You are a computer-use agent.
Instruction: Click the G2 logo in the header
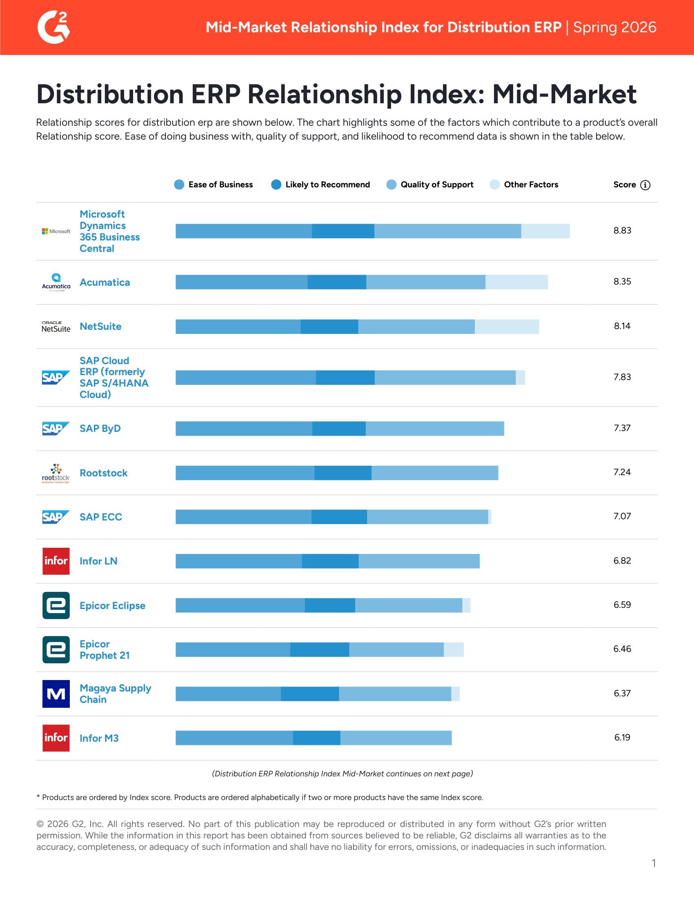tap(53, 27)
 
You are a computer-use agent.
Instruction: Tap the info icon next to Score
tap(645, 185)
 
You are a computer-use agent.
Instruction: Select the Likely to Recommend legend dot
tap(276, 184)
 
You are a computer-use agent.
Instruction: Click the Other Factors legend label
tap(531, 184)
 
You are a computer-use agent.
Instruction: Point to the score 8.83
tap(622, 231)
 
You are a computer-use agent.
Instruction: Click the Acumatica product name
tap(105, 282)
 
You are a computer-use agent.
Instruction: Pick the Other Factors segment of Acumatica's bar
tap(516, 282)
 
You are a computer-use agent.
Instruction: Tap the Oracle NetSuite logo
tap(56, 327)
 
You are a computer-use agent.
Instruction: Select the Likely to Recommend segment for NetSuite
tap(329, 327)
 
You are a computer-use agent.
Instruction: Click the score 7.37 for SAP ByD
tap(622, 428)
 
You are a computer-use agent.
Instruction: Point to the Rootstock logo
tap(56, 473)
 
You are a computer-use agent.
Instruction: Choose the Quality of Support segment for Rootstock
tap(435, 473)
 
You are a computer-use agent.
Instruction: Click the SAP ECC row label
tap(101, 517)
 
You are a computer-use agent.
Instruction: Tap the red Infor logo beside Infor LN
tap(56, 561)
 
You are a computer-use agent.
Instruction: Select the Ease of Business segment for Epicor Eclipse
tap(240, 605)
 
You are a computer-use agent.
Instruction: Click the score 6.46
tap(622, 649)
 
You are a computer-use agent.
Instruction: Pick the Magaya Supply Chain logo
tap(56, 694)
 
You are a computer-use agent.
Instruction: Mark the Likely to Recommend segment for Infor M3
tap(316, 738)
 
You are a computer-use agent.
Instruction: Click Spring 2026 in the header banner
tap(615, 27)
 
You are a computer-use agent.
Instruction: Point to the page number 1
tap(654, 863)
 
